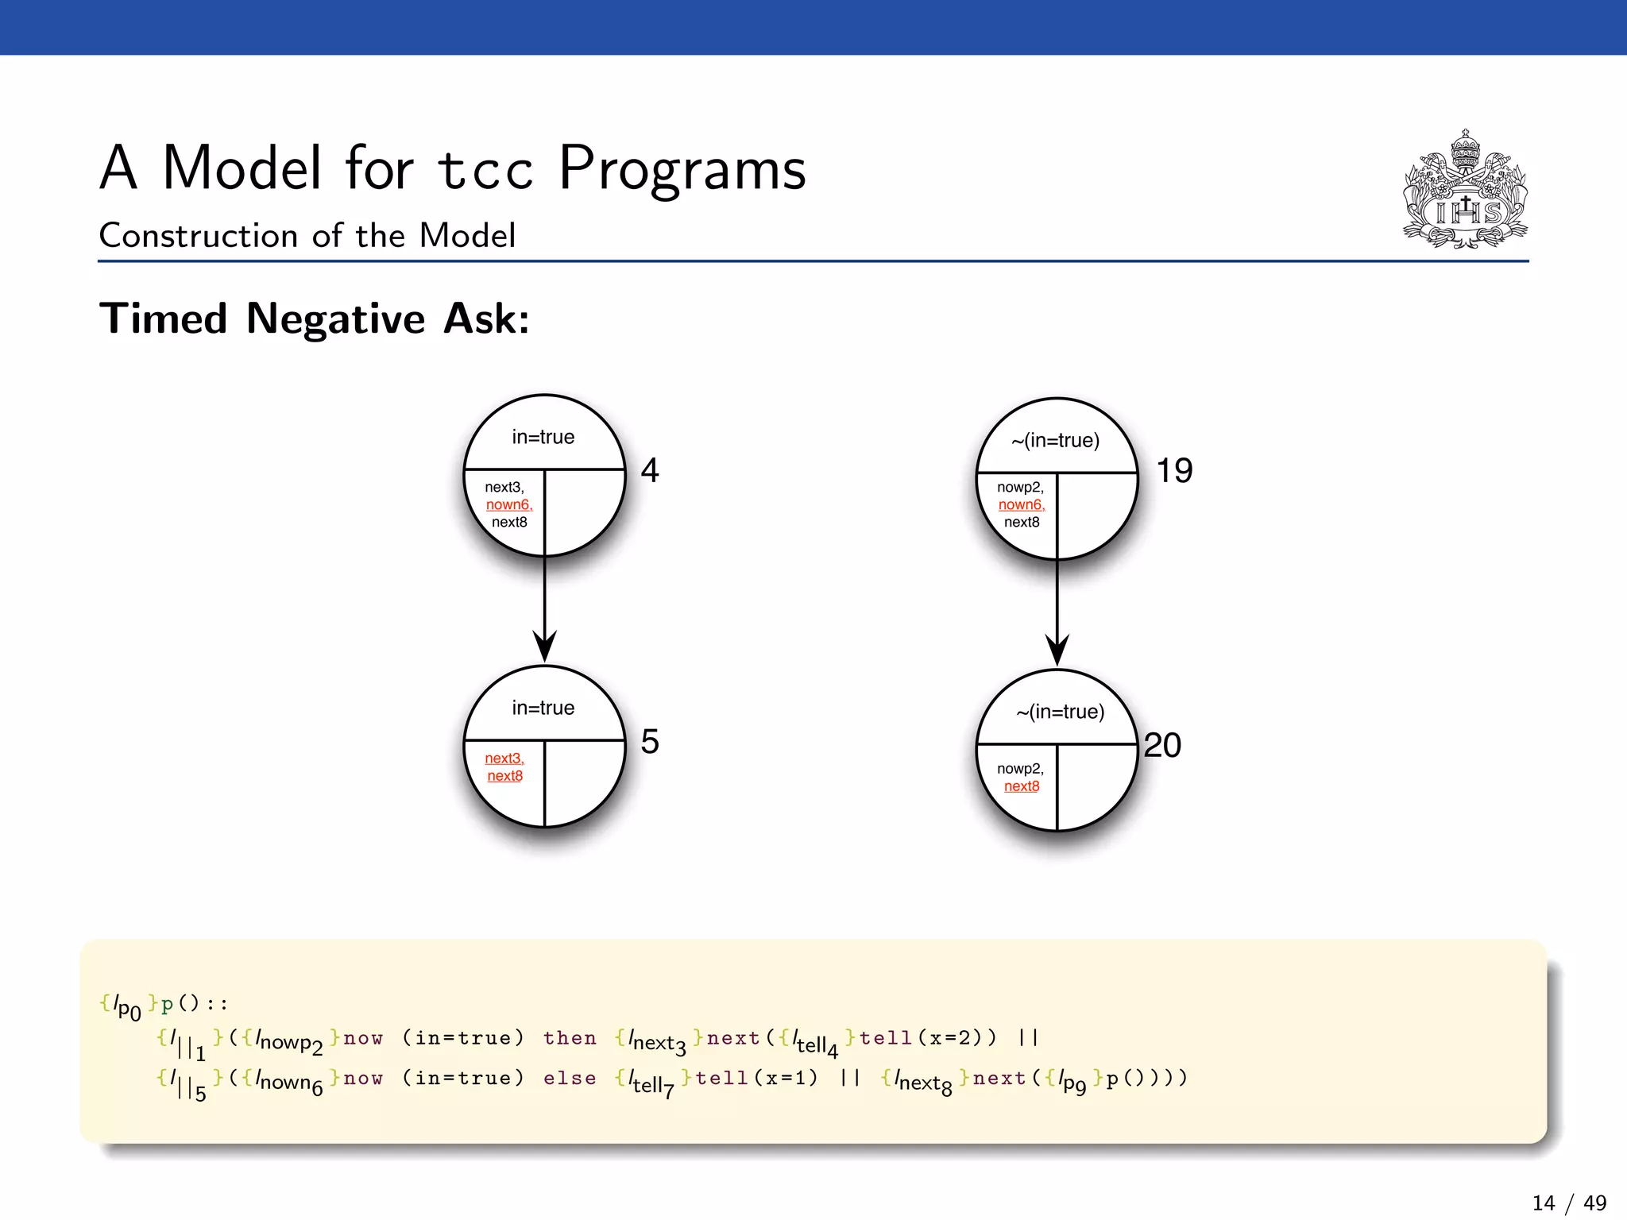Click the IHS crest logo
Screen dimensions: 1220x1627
tap(1465, 191)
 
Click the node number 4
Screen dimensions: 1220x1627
tap(650, 470)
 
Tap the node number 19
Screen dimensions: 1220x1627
tap(1174, 470)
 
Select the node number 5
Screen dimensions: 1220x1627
tap(650, 741)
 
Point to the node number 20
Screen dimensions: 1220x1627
tap(1162, 745)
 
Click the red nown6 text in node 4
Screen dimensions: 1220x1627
tap(509, 504)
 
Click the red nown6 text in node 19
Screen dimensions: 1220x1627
tap(1022, 504)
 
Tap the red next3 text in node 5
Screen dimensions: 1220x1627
tap(504, 759)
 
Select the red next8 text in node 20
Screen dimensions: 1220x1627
tap(1022, 786)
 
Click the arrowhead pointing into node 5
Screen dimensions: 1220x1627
tap(544, 647)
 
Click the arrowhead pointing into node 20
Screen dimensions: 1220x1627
tap(1057, 651)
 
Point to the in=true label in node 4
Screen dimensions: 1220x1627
tap(543, 437)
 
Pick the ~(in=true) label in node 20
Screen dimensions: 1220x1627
tap(1061, 712)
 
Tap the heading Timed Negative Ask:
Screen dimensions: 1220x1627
tap(315, 319)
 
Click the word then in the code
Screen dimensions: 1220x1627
tap(570, 1038)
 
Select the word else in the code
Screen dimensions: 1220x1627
tap(570, 1079)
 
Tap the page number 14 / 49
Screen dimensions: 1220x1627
tap(1569, 1203)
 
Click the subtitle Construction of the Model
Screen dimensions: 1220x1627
tap(307, 236)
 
